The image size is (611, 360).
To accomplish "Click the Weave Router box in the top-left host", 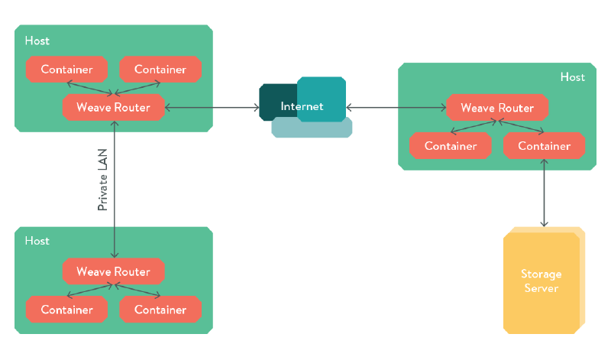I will [x=113, y=107].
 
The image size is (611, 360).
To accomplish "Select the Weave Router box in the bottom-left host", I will [x=113, y=271].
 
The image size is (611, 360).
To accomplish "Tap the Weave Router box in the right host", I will [x=497, y=108].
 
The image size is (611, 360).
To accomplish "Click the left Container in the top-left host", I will [x=66, y=70].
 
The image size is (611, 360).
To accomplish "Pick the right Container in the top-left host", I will [x=160, y=70].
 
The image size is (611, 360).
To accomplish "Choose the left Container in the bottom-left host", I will [x=66, y=310].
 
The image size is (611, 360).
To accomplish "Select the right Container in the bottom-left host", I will [x=160, y=310].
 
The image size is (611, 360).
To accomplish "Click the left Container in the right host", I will [x=451, y=146].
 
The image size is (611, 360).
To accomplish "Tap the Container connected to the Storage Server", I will [x=544, y=146].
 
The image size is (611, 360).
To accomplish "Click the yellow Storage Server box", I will [x=541, y=281].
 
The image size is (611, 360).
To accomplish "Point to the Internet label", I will [x=302, y=106].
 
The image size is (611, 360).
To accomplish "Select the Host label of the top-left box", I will [x=37, y=41].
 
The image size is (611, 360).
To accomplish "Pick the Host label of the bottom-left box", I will [x=37, y=241].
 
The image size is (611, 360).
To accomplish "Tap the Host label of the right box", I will [x=572, y=77].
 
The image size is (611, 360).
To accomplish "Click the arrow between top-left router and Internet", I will [x=212, y=108].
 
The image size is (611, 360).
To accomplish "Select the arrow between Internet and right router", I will [x=396, y=108].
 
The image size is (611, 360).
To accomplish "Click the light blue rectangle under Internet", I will [x=312, y=129].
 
